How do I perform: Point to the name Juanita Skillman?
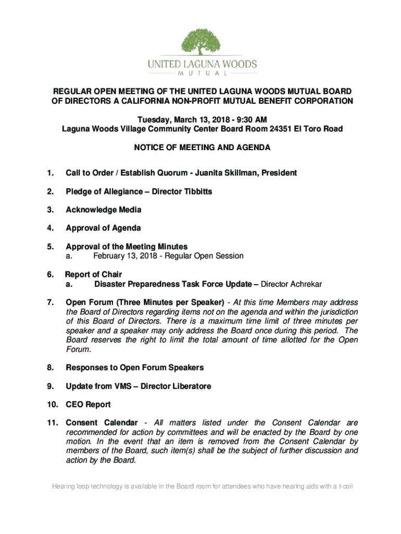coord(228,173)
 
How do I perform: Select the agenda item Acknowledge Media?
coord(103,210)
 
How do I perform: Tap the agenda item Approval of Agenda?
coord(103,228)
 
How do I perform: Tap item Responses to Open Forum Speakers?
coord(134,368)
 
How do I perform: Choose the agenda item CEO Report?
coord(88,405)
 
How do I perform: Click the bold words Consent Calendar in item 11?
coord(102,423)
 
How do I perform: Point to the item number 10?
coord(51,405)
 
